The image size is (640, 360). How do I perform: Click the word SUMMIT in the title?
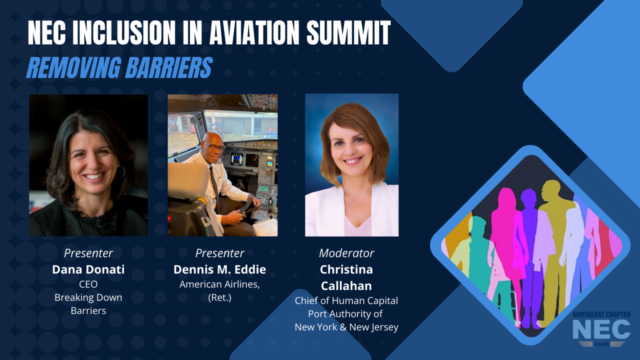click(348, 33)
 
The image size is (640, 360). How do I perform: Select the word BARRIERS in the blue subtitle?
click(168, 67)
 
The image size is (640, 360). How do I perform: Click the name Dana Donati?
click(88, 269)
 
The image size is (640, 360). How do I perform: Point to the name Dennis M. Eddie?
click(219, 269)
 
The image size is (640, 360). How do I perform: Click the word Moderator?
click(346, 253)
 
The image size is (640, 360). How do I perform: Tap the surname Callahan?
click(346, 286)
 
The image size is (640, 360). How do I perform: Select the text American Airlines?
click(219, 284)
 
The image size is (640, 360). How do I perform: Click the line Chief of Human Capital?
click(346, 300)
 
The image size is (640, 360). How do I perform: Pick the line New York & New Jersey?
click(346, 327)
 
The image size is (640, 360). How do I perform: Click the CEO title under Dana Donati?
click(88, 284)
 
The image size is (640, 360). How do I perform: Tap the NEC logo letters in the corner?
click(601, 329)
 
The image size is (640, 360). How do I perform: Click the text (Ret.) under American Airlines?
click(219, 297)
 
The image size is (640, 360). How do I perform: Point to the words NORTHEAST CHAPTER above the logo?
click(601, 314)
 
